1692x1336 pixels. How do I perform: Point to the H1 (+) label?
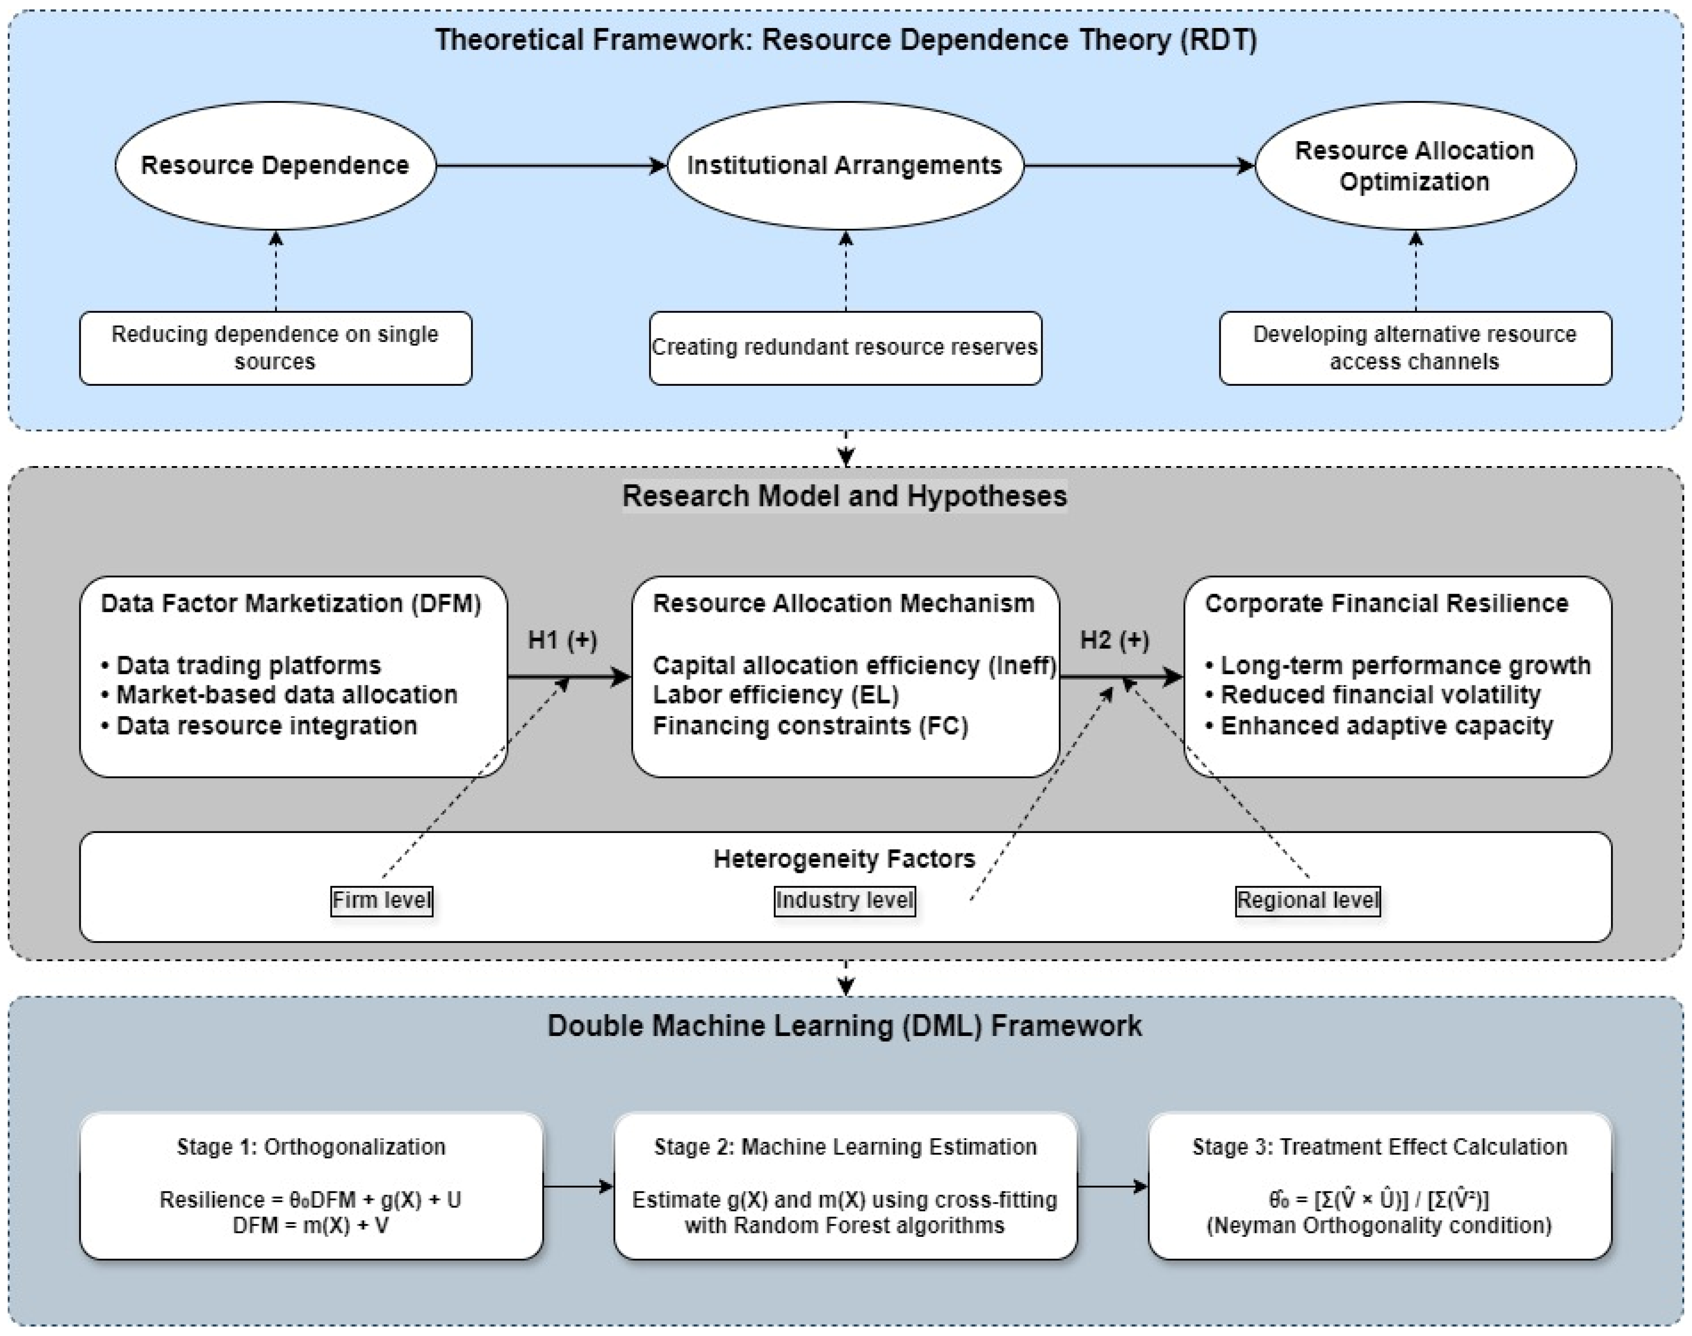562,641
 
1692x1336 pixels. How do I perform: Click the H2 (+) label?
1114,641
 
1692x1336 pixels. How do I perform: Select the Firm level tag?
381,900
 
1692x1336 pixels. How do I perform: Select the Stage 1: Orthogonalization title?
311,1147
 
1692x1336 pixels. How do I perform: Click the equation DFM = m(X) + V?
311,1225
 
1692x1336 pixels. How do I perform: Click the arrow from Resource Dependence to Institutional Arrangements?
550,165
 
